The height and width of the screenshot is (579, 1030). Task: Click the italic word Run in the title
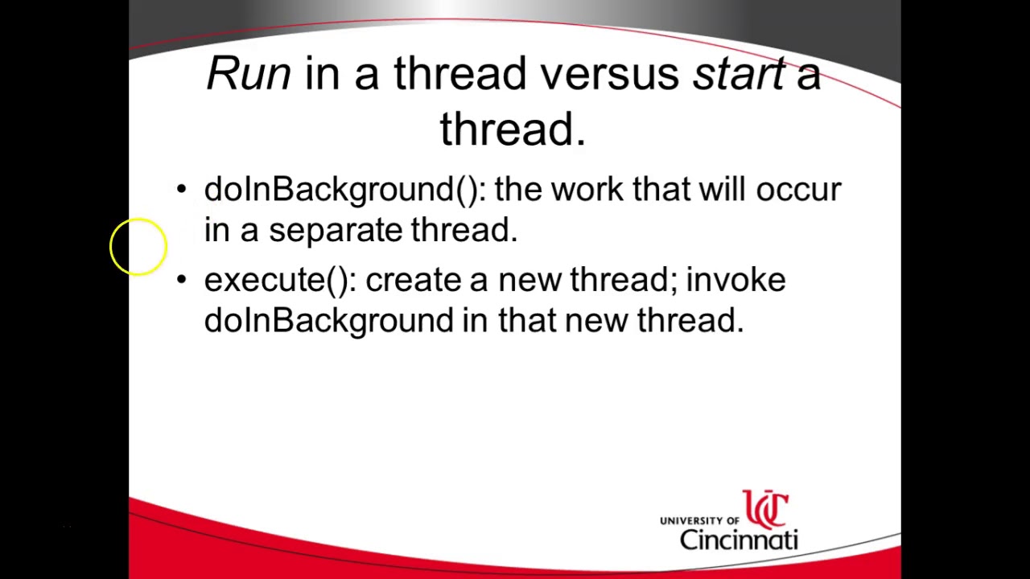click(248, 74)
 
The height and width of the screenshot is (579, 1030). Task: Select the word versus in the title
click(609, 74)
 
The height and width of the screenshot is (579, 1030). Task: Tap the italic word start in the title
click(738, 74)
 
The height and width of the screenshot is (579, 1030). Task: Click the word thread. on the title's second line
click(513, 129)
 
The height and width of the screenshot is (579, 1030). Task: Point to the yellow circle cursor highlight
click(138, 247)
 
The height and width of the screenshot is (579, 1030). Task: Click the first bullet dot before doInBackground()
click(181, 190)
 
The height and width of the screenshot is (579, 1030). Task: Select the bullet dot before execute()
click(181, 280)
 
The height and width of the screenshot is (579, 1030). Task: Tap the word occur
click(798, 190)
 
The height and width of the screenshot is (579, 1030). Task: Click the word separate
click(335, 231)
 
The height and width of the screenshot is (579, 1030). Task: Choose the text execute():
click(278, 280)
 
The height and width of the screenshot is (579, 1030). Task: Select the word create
click(413, 280)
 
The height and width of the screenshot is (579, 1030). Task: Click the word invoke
click(735, 280)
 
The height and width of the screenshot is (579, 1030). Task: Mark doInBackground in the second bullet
click(328, 320)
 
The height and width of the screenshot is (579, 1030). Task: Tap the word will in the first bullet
click(721, 190)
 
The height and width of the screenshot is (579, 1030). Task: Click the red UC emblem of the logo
click(765, 509)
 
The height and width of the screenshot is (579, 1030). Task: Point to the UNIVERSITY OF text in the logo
click(698, 521)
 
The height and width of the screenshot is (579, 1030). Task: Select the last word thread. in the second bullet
click(690, 320)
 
